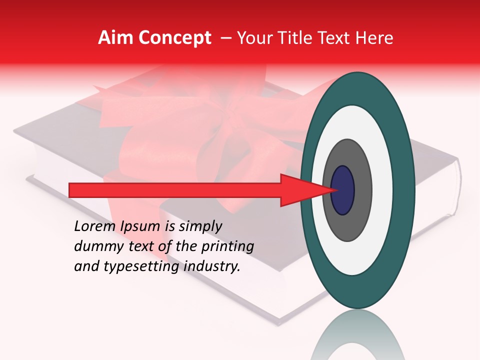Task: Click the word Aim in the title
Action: (x=115, y=38)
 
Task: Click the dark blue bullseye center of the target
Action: (x=343, y=190)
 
